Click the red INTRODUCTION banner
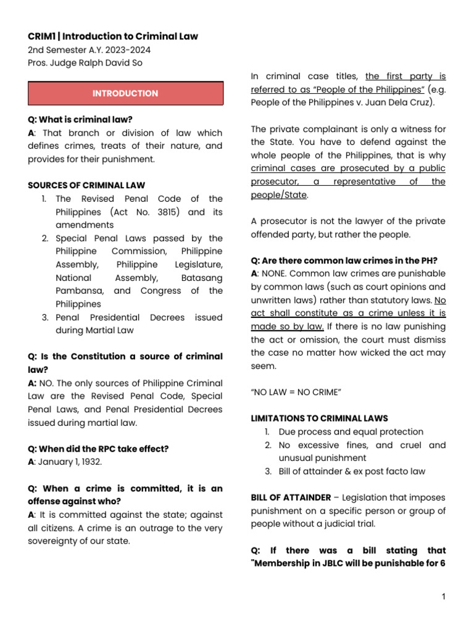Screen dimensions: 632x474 (125, 94)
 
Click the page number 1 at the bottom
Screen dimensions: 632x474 (443, 597)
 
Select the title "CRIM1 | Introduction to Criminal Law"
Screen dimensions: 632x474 (113, 36)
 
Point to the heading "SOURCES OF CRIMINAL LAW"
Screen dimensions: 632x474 (87, 185)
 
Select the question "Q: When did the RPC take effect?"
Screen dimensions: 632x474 (98, 449)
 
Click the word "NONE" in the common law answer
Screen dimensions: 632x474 (274, 273)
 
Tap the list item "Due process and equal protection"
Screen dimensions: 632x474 (351, 432)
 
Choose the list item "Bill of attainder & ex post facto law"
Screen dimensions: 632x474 (352, 472)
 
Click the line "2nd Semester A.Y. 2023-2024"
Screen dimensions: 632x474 (89, 50)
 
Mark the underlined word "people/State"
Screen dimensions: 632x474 (279, 195)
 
